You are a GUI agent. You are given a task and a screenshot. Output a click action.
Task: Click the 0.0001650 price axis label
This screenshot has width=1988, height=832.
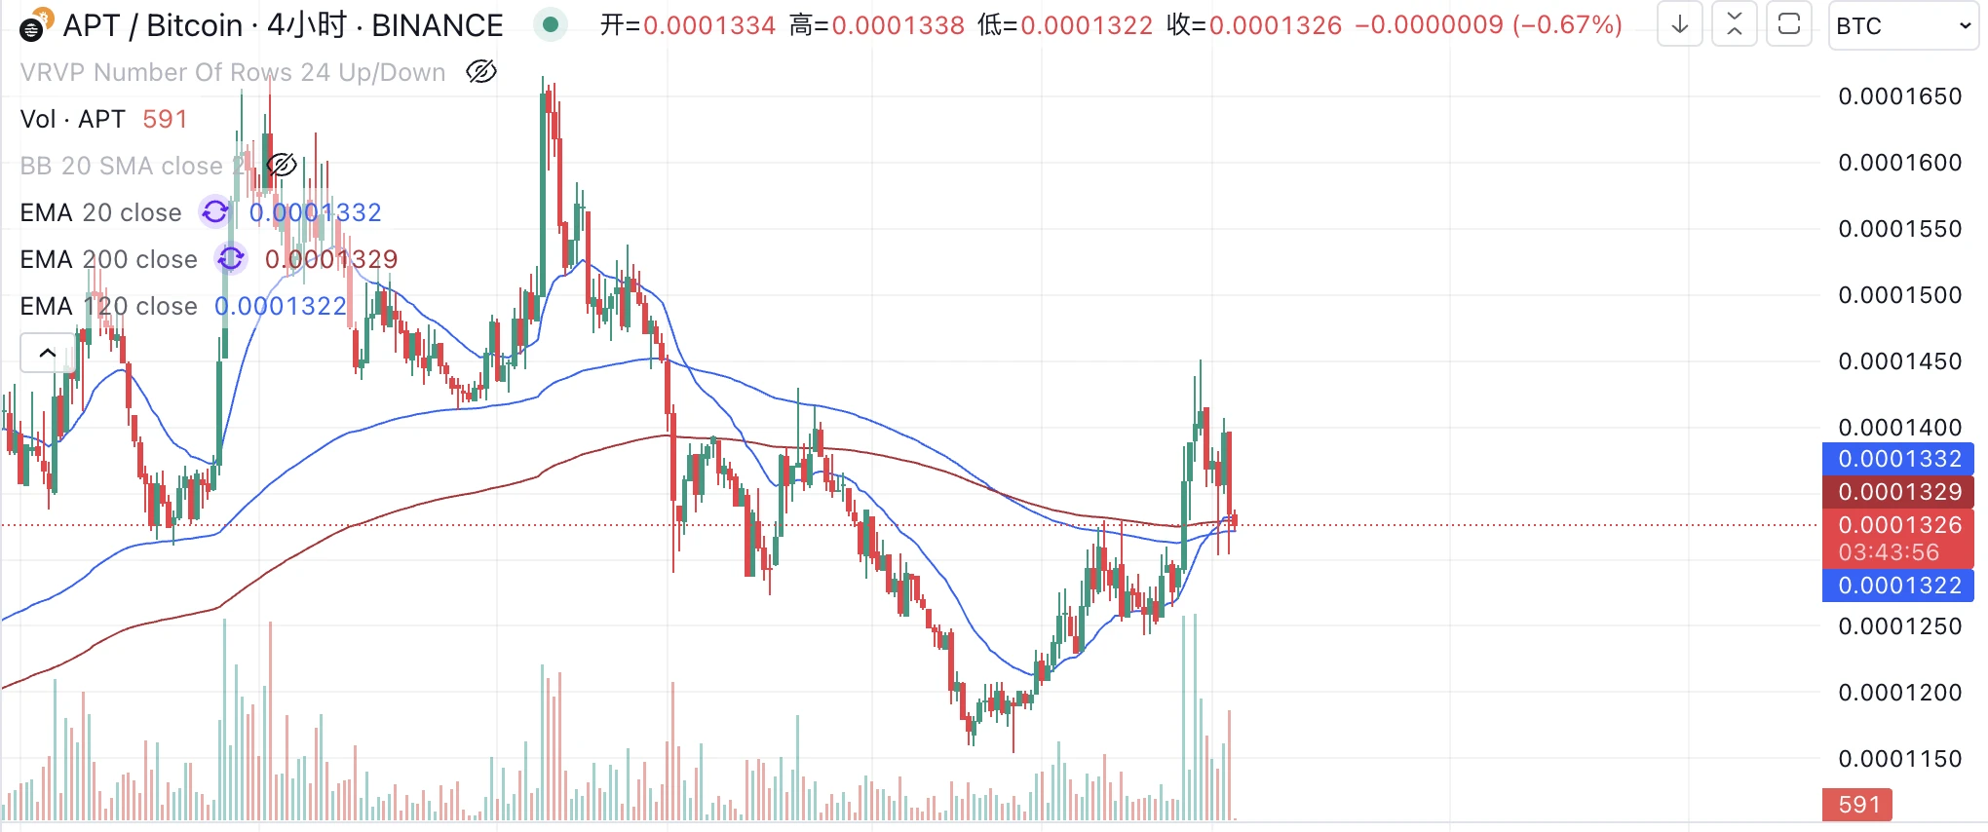tap(1899, 96)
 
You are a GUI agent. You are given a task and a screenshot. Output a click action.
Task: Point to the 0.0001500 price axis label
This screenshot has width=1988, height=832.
tap(1899, 295)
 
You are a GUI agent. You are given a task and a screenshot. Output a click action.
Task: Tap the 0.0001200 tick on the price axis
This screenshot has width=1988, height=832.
tap(1899, 693)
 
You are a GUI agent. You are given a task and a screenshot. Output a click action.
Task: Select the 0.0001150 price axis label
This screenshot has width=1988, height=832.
tap(1899, 759)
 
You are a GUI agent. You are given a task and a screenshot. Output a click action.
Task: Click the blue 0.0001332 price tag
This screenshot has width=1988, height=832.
tap(1898, 459)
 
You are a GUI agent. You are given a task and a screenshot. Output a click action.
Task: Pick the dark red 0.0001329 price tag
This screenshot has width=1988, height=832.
tap(1898, 492)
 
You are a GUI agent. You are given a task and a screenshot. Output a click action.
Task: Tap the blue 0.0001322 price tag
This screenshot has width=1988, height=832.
tap(1898, 586)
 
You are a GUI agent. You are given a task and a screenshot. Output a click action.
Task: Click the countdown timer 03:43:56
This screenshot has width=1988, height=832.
tap(1889, 552)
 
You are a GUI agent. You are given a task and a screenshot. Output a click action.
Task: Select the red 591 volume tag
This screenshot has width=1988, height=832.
tap(1857, 805)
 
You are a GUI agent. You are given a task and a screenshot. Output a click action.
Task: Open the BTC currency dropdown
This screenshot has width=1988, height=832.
tap(1902, 26)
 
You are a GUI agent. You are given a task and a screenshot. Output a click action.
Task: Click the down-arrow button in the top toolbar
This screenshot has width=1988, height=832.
tap(1680, 25)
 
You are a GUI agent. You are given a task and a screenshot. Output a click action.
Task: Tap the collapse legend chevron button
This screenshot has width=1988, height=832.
tap(47, 353)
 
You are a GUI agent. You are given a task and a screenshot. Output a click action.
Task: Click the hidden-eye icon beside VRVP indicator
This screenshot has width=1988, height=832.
tap(481, 72)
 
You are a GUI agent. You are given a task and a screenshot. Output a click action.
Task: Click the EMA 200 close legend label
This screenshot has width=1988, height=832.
tap(109, 259)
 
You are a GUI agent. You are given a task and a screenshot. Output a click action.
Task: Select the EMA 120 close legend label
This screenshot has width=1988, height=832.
tap(109, 306)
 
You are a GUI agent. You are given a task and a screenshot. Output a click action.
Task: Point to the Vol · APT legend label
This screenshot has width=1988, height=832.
tap(73, 119)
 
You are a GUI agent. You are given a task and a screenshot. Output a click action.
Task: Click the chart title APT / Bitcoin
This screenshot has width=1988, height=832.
tap(152, 25)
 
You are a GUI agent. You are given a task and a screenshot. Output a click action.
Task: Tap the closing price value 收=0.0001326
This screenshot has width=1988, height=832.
tap(1254, 25)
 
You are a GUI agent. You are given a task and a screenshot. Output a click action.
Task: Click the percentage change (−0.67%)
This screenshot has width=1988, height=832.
tap(1567, 25)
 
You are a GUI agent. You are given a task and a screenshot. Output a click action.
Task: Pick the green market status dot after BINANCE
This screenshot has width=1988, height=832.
tap(551, 25)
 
